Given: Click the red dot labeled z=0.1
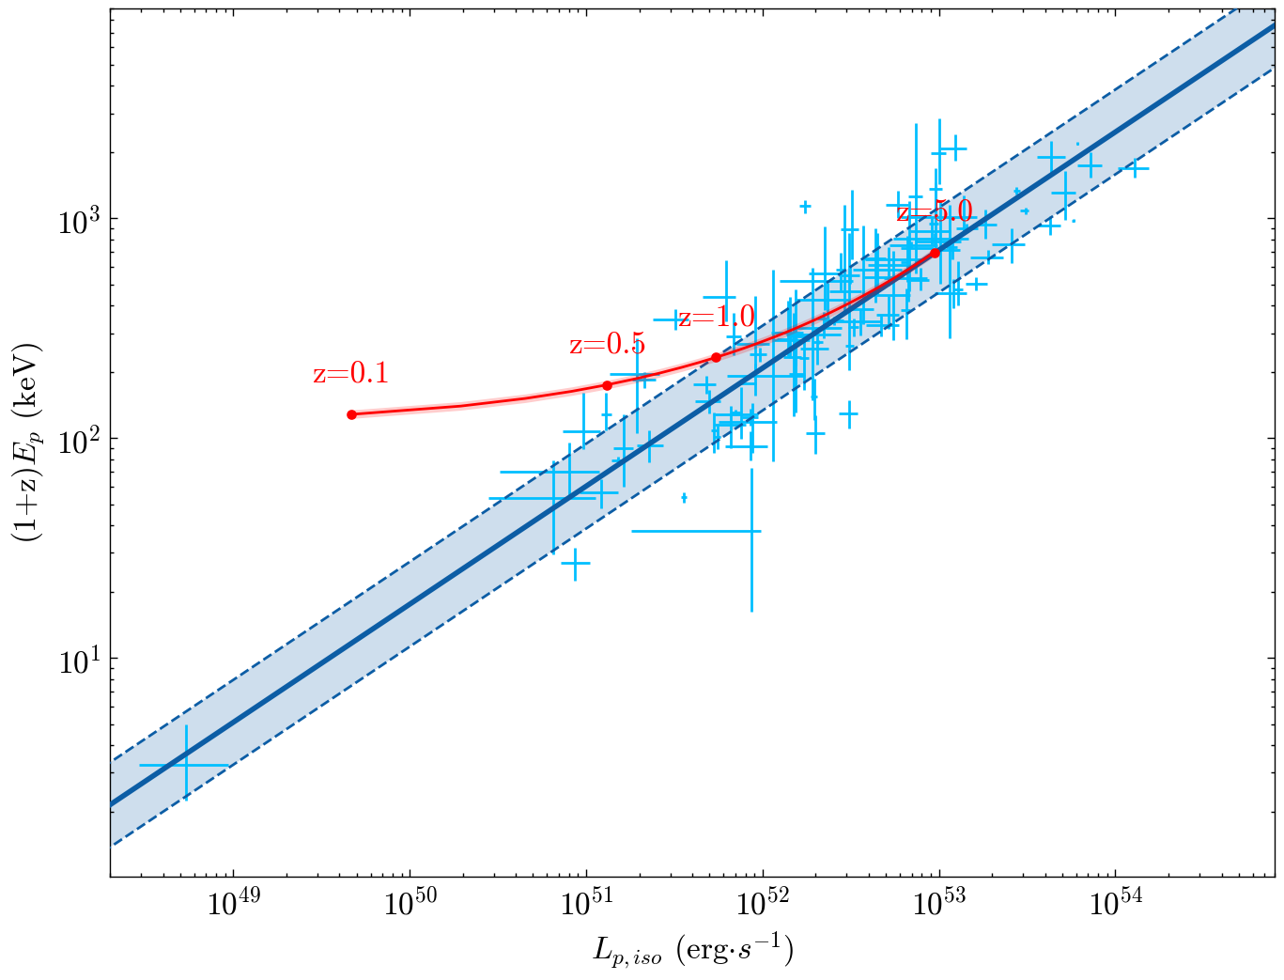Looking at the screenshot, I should click(351, 414).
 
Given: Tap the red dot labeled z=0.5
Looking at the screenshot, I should click(607, 385).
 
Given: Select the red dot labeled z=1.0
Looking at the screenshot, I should click(716, 357).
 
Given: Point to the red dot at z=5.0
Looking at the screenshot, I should click(935, 253).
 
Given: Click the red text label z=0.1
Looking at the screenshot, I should click(350, 374).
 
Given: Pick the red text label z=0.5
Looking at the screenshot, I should click(607, 345).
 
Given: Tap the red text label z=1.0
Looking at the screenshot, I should click(717, 318).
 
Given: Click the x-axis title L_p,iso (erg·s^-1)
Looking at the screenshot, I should click(693, 951).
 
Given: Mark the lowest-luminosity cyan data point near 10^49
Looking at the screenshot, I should click(186, 765).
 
